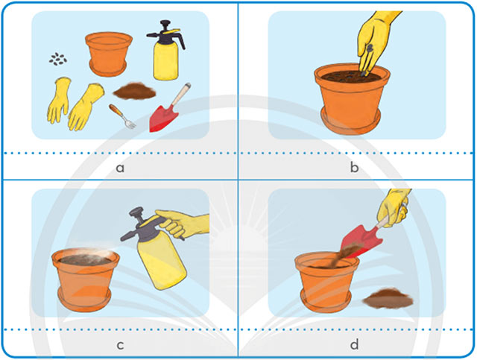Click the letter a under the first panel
pyautogui.click(x=120, y=168)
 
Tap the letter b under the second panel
pyautogui.click(x=354, y=166)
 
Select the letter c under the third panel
pyautogui.click(x=120, y=345)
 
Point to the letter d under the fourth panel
pyautogui.click(x=354, y=344)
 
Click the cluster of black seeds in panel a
pyautogui.click(x=58, y=59)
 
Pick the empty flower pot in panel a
pyautogui.click(x=109, y=54)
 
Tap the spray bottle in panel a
pyautogui.click(x=166, y=50)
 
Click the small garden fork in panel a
pyautogui.click(x=122, y=116)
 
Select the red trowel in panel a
pyautogui.click(x=169, y=108)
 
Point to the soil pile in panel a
pyautogui.click(x=134, y=91)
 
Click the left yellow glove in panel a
pyautogui.click(x=59, y=100)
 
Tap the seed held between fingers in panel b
pyautogui.click(x=370, y=48)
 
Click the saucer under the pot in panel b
pyautogui.click(x=350, y=123)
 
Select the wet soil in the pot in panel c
pyautogui.click(x=85, y=259)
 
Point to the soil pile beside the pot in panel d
pyautogui.click(x=388, y=298)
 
